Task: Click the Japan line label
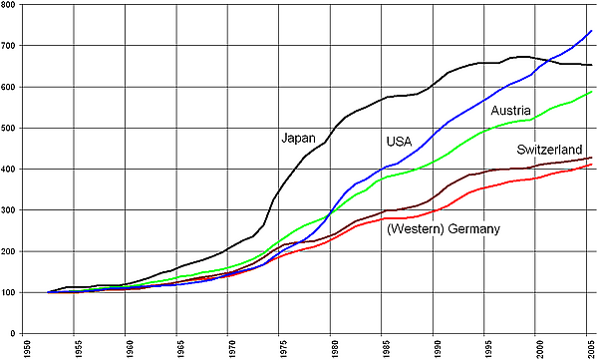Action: pos(298,139)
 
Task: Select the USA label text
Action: pos(399,142)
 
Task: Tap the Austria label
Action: pos(510,111)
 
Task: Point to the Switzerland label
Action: pos(549,150)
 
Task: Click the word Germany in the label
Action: pos(473,229)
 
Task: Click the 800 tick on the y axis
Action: pos(8,5)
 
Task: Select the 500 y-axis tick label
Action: pos(8,128)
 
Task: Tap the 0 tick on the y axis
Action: pos(13,333)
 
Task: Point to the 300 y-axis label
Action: pos(8,210)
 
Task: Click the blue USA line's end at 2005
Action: pos(591,31)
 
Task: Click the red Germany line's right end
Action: pos(591,165)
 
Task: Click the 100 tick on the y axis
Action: pos(8,292)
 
